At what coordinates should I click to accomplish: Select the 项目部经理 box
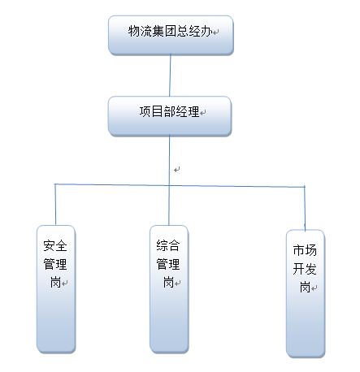169,115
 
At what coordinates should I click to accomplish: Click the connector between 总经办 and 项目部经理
169,76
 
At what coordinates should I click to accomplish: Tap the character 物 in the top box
134,31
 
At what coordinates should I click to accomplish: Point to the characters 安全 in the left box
56,244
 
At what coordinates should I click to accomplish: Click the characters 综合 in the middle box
168,244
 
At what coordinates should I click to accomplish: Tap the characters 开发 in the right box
306,269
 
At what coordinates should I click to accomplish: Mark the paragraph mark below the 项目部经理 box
176,170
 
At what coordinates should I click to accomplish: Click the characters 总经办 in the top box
193,31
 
